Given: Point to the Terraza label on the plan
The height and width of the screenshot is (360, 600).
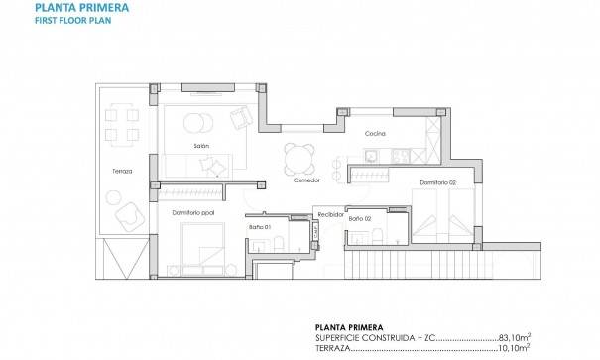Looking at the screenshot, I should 122,171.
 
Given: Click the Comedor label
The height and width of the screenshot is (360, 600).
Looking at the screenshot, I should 306,180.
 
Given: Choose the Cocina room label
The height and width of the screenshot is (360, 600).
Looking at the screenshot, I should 374,132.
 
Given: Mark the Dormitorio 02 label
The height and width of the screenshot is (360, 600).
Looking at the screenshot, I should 436,182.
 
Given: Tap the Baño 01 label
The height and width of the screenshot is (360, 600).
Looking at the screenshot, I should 260,225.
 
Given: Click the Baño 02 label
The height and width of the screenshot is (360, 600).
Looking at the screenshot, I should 360,218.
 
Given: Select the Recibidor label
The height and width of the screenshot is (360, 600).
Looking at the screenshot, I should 329,211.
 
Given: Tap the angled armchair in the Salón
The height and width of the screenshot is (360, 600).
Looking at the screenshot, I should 241,119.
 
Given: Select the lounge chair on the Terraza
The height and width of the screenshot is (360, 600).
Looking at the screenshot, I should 126,216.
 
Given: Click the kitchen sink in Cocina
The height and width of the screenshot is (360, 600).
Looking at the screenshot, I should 372,154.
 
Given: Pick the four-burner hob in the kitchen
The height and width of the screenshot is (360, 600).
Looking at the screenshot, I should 402,154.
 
